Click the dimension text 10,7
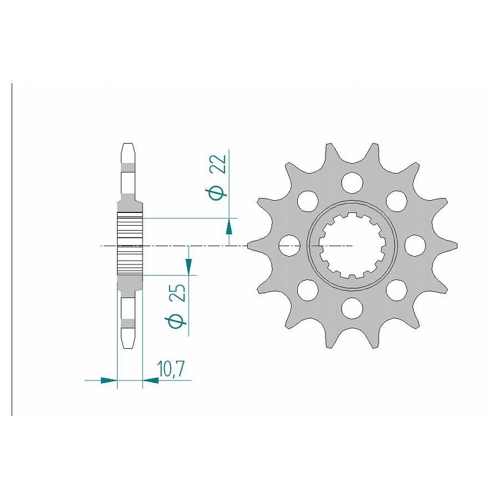pos(171,369)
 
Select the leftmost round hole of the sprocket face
pos(288,245)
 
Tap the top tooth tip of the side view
pos(128,147)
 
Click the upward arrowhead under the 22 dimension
pos(228,226)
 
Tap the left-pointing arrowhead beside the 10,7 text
pos(150,380)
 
